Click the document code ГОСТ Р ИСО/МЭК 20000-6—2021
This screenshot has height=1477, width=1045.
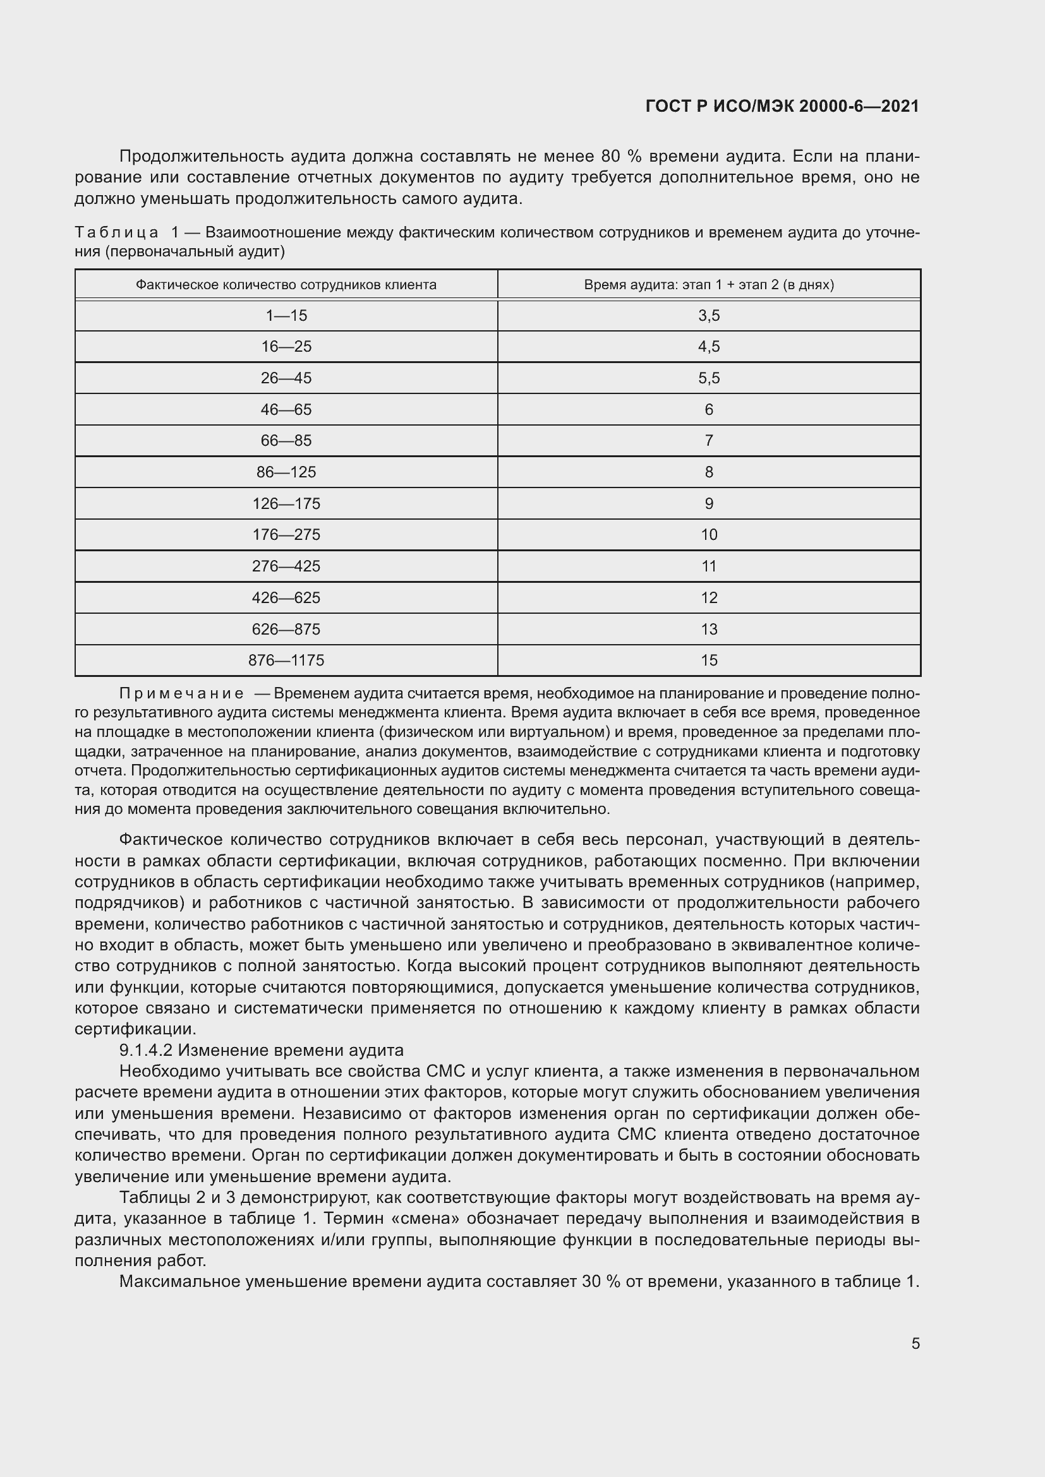[782, 107]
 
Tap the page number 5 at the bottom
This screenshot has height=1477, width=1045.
[915, 1343]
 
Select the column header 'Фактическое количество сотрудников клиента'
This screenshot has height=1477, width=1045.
[286, 285]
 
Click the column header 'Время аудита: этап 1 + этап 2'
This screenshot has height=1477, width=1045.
[708, 285]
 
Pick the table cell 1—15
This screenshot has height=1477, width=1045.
[286, 316]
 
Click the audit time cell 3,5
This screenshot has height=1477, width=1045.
[708, 316]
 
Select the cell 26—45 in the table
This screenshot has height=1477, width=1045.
[286, 378]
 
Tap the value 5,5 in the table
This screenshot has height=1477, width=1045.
[708, 378]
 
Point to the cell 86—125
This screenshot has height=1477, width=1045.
[286, 472]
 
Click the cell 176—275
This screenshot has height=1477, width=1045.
[286, 535]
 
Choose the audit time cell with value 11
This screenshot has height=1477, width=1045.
[708, 566]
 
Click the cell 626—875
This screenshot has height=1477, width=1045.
[286, 629]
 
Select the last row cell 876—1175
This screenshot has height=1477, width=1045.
[286, 660]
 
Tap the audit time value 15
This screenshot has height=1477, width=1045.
[708, 660]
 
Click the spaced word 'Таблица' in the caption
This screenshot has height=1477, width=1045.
[116, 232]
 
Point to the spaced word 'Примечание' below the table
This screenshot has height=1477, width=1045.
[181, 693]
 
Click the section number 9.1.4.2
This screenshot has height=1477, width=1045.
[145, 1051]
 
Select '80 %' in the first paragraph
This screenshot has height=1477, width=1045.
[617, 157]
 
